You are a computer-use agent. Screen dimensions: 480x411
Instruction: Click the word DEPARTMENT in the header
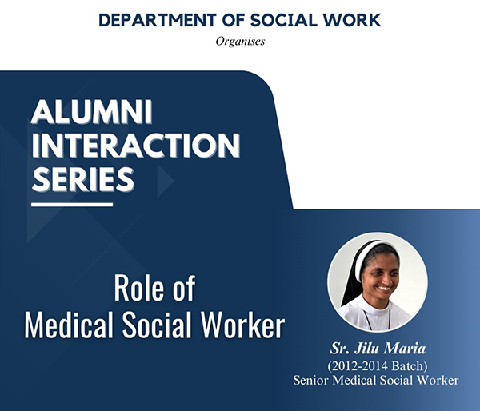[158, 20]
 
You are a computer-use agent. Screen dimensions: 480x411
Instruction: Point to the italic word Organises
[240, 42]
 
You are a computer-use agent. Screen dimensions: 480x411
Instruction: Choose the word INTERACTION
[136, 145]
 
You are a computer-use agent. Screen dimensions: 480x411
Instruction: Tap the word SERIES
[83, 179]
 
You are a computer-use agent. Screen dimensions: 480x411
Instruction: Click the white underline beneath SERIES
[72, 205]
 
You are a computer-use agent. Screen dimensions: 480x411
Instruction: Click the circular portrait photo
[378, 282]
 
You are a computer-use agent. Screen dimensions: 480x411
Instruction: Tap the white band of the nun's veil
[362, 260]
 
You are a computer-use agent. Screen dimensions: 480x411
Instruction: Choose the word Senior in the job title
[311, 381]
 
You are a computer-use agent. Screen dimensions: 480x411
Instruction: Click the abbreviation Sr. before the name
[340, 349]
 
